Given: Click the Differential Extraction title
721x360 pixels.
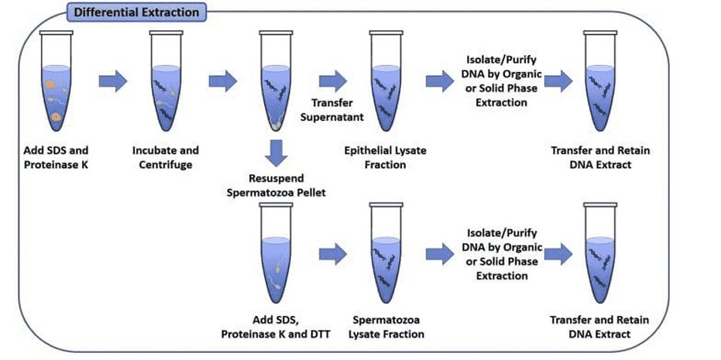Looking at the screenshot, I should (136, 12).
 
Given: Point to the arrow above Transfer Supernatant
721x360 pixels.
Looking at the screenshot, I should (333, 80).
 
